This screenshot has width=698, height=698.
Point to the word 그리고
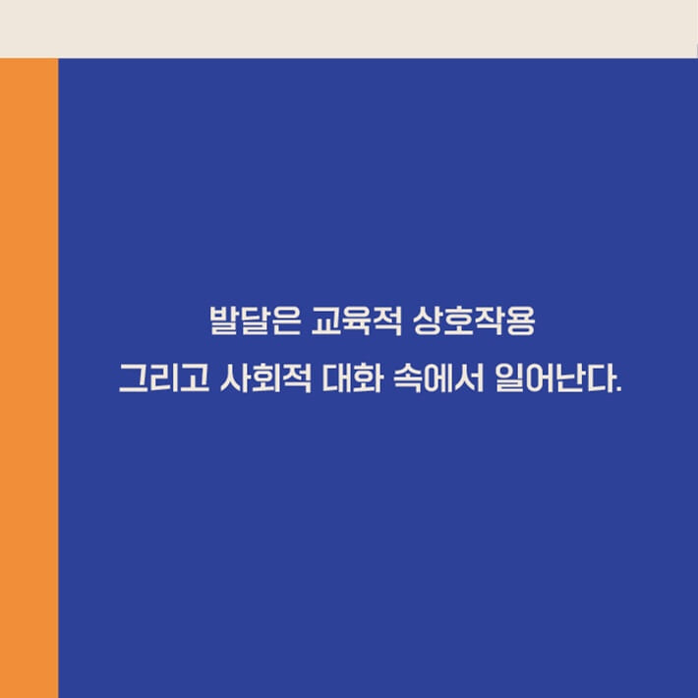(156, 378)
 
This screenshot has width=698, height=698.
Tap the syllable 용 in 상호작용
(520, 321)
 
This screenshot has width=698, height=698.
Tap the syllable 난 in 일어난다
(570, 378)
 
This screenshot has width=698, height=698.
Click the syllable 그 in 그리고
(129, 378)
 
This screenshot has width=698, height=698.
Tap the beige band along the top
(349, 28)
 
